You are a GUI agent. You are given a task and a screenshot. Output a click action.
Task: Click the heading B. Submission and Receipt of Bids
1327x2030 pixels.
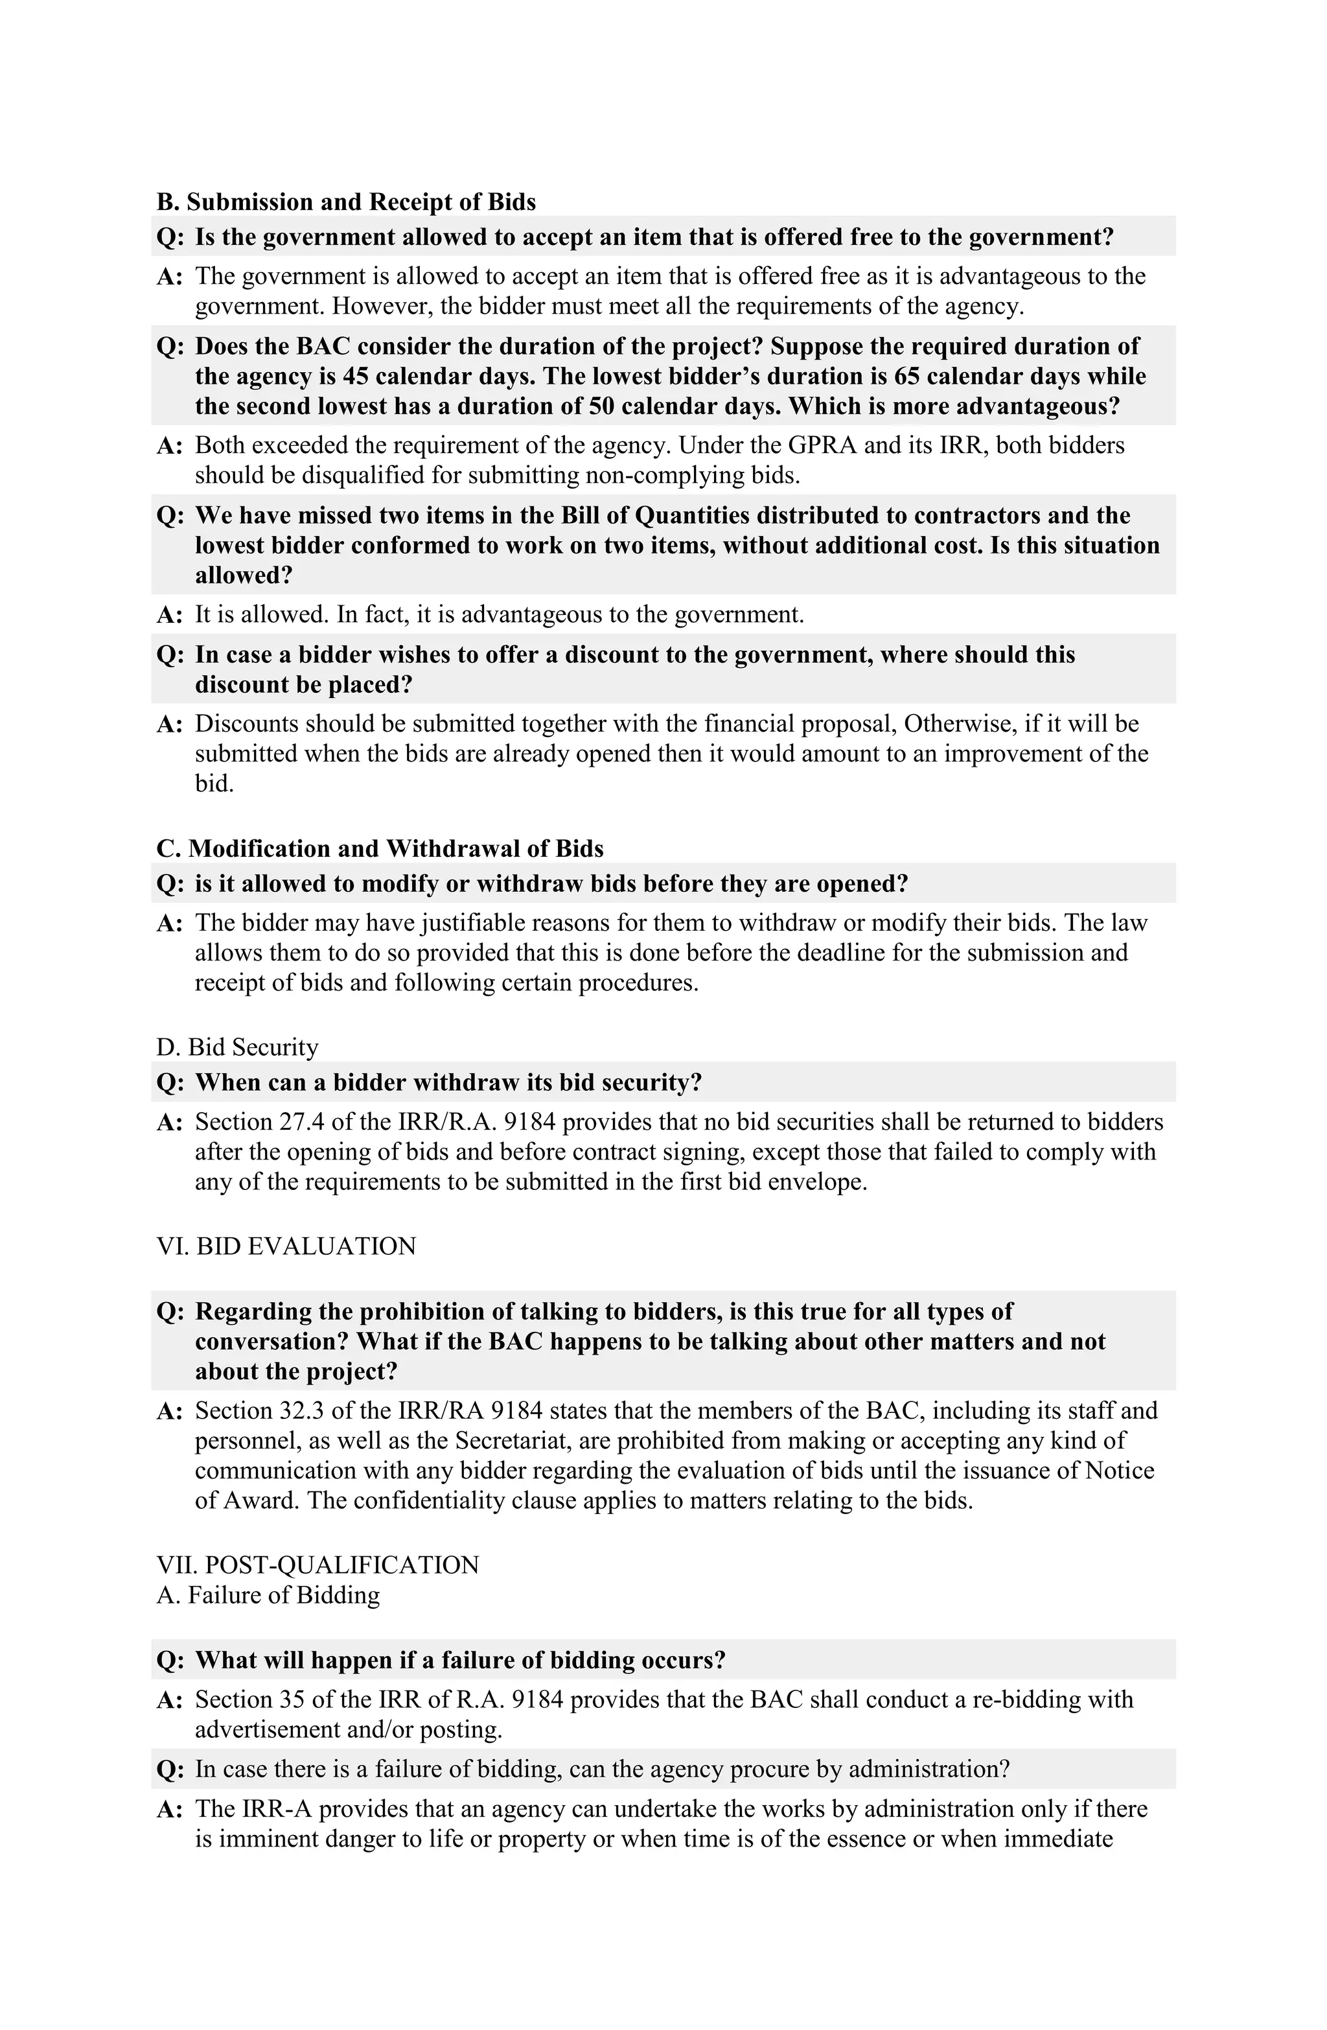tap(345, 202)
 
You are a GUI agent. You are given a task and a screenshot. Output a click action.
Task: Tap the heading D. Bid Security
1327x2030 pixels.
tap(237, 1047)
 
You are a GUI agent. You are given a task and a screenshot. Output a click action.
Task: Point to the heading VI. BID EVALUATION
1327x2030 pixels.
tap(286, 1246)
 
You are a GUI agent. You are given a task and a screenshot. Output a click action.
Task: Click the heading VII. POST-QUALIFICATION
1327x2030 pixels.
tap(317, 1565)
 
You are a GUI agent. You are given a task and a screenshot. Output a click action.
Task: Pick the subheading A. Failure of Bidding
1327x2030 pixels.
tap(268, 1595)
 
